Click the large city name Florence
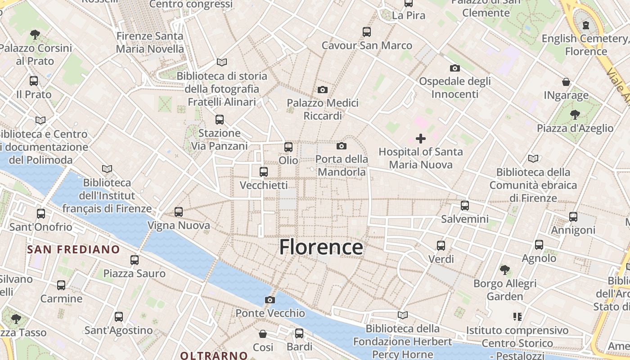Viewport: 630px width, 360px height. (x=321, y=247)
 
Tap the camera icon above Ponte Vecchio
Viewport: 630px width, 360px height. (x=270, y=300)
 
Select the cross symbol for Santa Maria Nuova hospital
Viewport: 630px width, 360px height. (x=420, y=139)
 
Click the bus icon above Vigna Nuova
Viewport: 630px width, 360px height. (x=179, y=211)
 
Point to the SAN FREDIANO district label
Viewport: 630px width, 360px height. (x=73, y=249)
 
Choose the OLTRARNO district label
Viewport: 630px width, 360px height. (x=214, y=355)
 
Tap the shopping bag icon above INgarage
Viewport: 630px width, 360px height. (x=566, y=82)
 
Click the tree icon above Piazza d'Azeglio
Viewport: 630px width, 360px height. (x=575, y=114)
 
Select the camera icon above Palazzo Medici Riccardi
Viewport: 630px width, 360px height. (x=322, y=90)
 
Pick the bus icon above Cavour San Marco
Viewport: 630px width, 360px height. (x=367, y=31)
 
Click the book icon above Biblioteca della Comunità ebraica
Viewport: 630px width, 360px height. (x=533, y=158)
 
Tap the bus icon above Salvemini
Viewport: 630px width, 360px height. (x=465, y=206)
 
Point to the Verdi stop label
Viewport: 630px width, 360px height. (x=441, y=259)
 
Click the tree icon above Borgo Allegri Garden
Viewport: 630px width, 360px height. (x=505, y=270)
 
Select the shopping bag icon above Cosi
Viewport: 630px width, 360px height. (x=263, y=334)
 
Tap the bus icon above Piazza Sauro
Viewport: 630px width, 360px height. (x=135, y=260)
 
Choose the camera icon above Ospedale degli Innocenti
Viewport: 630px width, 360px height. (x=455, y=68)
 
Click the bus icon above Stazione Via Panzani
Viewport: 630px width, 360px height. (x=220, y=120)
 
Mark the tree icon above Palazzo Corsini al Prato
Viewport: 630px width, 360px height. (x=35, y=34)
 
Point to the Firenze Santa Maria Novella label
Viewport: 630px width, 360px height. (x=150, y=42)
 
